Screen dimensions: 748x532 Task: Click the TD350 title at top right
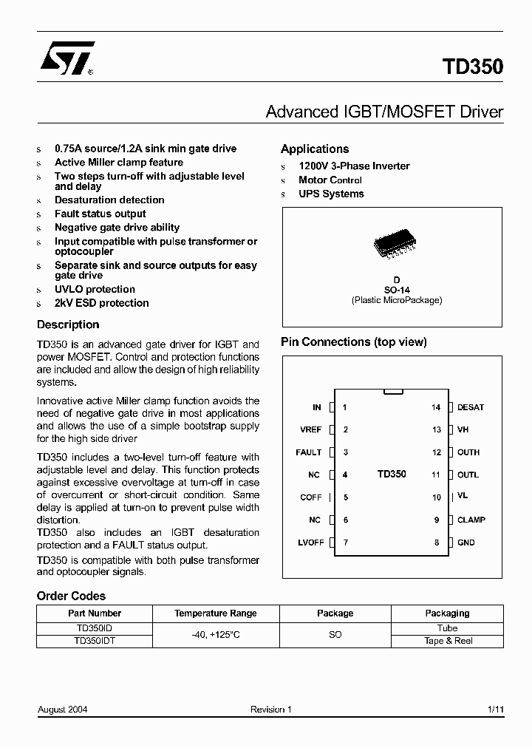(x=473, y=67)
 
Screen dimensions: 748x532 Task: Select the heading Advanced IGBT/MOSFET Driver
(x=383, y=112)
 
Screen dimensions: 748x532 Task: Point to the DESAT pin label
(x=471, y=407)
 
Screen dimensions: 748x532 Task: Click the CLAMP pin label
(x=471, y=520)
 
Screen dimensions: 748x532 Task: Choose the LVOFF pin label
(x=311, y=543)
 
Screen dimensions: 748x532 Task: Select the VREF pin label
(x=310, y=429)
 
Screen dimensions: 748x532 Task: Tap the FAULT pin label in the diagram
(x=309, y=452)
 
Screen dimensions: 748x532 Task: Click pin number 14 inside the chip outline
(x=436, y=407)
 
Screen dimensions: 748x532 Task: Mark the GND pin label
(x=466, y=543)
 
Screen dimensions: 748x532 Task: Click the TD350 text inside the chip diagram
(x=392, y=475)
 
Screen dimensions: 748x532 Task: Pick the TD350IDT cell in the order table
(x=94, y=641)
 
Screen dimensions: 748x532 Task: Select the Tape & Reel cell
(x=447, y=641)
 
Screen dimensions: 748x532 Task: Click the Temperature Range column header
(x=216, y=613)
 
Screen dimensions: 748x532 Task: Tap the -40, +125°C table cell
(x=216, y=635)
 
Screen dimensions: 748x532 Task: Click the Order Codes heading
(x=71, y=596)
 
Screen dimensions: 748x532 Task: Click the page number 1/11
(x=495, y=710)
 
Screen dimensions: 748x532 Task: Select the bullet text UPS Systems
(x=331, y=194)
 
